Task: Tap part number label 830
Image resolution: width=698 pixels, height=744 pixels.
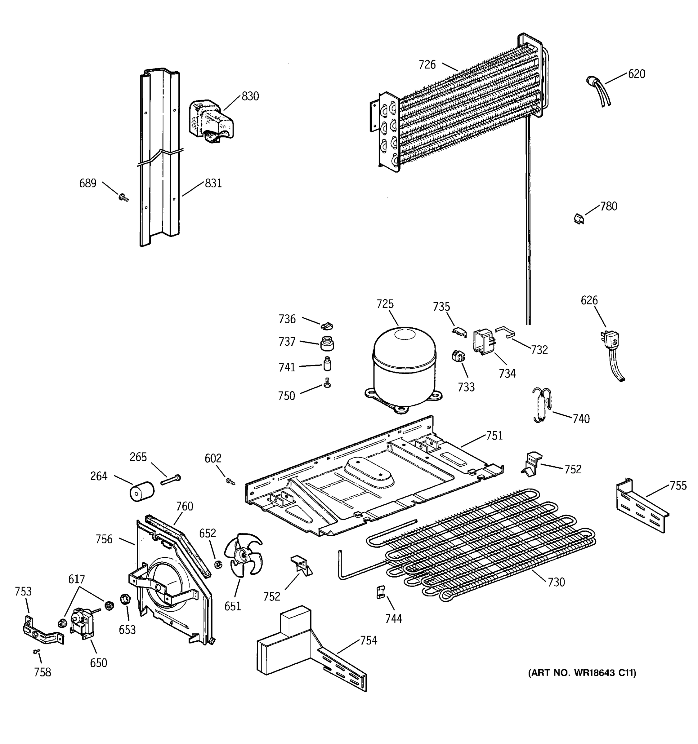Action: coord(250,96)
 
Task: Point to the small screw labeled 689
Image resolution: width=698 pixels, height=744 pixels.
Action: coord(123,197)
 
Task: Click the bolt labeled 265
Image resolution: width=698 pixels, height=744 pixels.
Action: coord(170,480)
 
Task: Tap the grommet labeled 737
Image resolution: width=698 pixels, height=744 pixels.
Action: coord(327,343)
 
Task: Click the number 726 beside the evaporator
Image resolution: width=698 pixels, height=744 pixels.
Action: coord(427,65)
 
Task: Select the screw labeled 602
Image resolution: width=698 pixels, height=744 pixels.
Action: coord(230,482)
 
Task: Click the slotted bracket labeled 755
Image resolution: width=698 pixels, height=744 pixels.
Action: coord(642,506)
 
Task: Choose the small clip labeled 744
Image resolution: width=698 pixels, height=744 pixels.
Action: coord(380,592)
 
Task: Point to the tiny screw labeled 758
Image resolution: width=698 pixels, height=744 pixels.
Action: coord(36,652)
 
